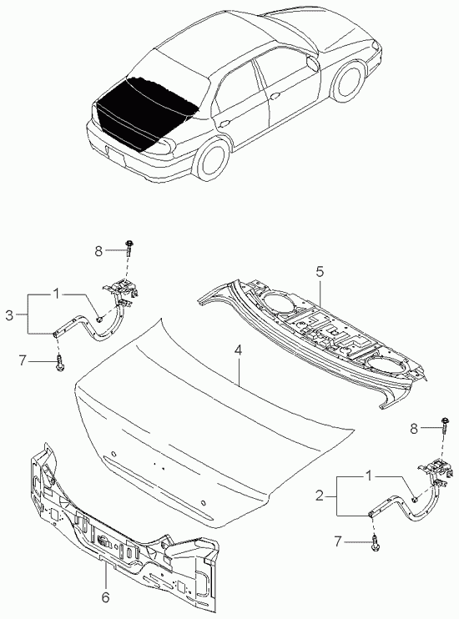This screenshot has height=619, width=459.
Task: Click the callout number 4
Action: tap(238, 350)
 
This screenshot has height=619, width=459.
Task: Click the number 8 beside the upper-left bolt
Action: tap(98, 250)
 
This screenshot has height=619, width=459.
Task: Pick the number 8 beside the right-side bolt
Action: tap(414, 428)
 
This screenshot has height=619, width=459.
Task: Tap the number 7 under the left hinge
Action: tap(23, 360)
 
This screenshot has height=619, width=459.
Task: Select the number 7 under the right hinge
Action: tap(337, 541)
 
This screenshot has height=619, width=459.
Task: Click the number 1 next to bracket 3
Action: tap(57, 294)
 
